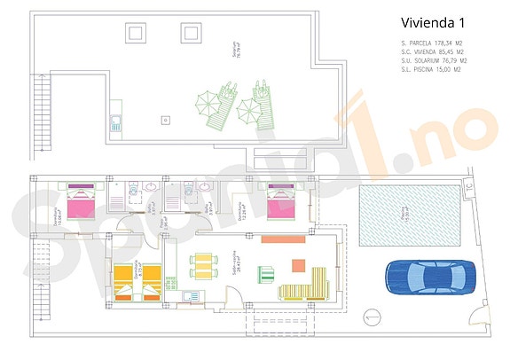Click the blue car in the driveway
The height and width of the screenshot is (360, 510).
coord(423,276)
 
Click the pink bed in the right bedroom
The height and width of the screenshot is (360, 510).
coord(281,205)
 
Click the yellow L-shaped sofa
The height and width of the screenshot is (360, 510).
coord(306,286)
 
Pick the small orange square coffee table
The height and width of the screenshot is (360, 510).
coord(298,263)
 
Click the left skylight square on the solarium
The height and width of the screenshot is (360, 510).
coord(136,34)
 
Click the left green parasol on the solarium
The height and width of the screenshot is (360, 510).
coord(211,107)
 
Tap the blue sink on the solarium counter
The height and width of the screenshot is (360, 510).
coord(115,123)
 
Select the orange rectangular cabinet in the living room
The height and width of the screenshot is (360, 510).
coord(283,239)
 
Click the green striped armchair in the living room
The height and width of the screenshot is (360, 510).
coord(266,272)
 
